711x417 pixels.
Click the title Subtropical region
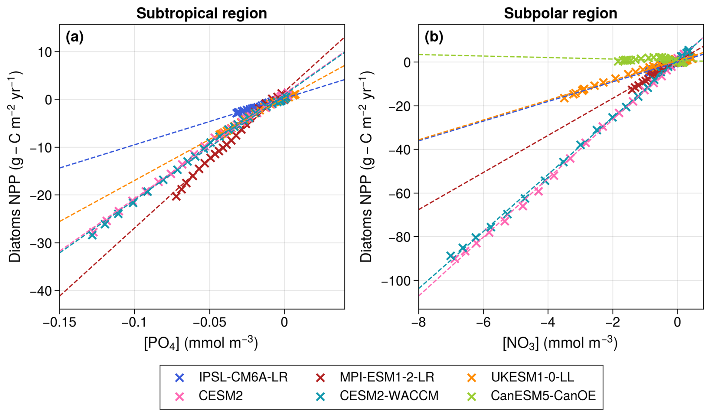point(201,14)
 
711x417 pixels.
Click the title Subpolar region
point(560,14)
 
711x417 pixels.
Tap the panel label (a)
point(74,37)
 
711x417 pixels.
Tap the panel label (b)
point(434,37)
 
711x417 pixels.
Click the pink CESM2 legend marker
point(180,396)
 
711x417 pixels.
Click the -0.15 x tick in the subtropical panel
point(59,322)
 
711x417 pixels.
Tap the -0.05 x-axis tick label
point(209,322)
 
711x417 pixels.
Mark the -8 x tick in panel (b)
point(418,322)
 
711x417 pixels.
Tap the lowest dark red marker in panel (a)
point(176,196)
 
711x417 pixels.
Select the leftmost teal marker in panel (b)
point(451,256)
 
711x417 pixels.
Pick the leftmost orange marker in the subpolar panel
point(564,98)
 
